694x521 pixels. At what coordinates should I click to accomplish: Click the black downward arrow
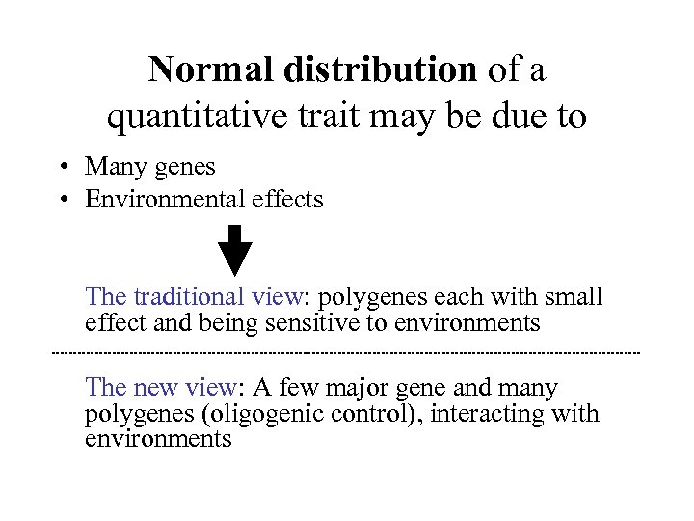[x=234, y=250]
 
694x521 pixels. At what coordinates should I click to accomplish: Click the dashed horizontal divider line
[x=347, y=354]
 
